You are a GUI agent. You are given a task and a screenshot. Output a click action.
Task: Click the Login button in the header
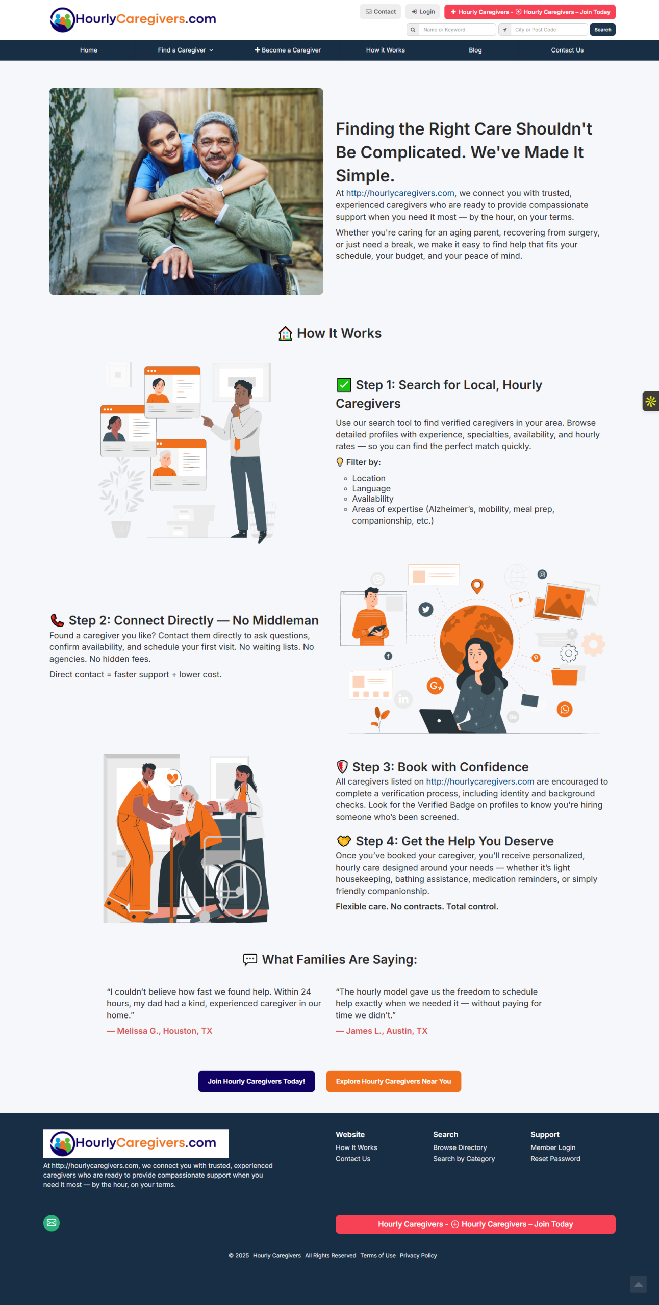[423, 12]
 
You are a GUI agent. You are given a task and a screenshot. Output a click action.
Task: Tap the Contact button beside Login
[381, 12]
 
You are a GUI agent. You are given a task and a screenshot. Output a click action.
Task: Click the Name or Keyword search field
[457, 30]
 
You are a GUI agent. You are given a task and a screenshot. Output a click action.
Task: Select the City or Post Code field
[549, 30]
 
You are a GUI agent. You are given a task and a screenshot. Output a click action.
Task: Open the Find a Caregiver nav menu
[186, 50]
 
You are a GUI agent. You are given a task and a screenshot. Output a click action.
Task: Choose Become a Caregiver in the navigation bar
[288, 50]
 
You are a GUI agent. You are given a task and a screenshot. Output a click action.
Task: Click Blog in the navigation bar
[475, 50]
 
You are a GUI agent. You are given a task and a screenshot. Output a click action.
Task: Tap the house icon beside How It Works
[285, 333]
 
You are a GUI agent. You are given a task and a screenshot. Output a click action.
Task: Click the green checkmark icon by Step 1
[344, 385]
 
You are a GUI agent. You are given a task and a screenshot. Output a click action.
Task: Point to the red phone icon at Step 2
[57, 620]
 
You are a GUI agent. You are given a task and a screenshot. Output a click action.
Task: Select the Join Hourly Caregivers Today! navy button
[257, 1081]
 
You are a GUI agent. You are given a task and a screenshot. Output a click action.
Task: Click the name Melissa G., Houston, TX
[164, 1031]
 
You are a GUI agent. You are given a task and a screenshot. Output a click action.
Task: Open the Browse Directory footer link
[460, 1147]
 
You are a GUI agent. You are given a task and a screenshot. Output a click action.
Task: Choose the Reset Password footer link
[555, 1159]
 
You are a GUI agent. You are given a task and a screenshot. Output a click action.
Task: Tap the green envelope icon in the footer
[52, 1223]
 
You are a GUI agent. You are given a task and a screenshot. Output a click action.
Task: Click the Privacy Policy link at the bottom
[418, 1256]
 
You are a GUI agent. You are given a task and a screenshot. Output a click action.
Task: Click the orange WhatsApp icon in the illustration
[565, 709]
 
